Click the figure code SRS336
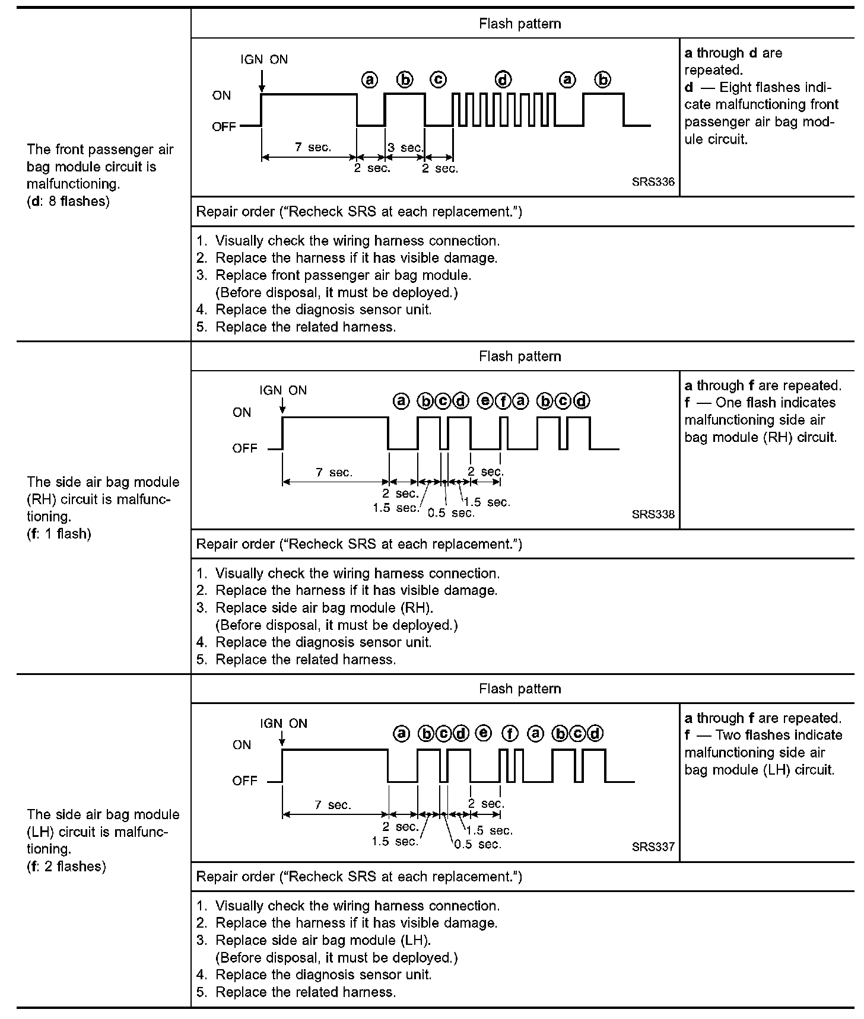coord(653,182)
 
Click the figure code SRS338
coord(653,514)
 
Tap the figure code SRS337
coord(653,847)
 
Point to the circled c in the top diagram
coord(439,79)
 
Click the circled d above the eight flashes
coord(503,79)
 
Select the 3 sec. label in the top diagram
coord(405,148)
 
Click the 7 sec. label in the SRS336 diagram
coord(313,147)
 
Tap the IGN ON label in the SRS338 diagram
coord(283,390)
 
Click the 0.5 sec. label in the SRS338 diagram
coord(451,513)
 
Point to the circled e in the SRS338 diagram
coord(485,402)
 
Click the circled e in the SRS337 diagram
coord(484,734)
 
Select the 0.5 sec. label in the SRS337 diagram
coord(477,844)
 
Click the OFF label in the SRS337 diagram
coord(244,781)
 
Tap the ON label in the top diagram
coord(222,95)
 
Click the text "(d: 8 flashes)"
coord(68,201)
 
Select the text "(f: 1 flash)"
coord(59,534)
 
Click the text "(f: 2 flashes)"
coord(66,867)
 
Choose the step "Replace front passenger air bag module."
coord(343,275)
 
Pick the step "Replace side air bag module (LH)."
coord(323,940)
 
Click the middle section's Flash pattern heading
coord(520,356)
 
